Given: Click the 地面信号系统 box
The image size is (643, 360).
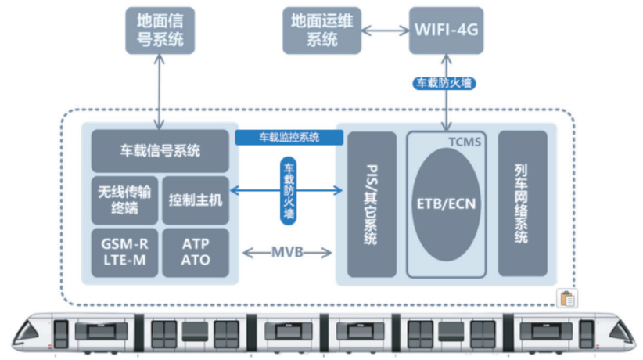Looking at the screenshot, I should tap(160, 30).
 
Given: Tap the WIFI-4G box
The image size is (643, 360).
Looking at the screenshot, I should tap(446, 30).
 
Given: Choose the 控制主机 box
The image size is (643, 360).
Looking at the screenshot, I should tap(196, 198).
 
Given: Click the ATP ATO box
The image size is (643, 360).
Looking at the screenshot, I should tap(196, 252).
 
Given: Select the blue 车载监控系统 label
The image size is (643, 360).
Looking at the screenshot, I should tap(289, 138).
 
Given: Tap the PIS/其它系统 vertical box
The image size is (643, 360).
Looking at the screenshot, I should tap(372, 204).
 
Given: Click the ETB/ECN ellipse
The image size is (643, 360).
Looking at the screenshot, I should tap(447, 206).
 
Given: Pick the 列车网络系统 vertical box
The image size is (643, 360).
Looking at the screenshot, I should tap(522, 204).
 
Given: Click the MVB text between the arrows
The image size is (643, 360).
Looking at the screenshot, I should tap(288, 253).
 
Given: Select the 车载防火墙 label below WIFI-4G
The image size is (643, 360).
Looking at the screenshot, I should tap(444, 83).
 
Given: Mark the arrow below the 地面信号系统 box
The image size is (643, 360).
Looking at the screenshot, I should tap(160, 90).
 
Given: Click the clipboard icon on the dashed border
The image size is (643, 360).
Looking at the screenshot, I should tap(567, 298).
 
